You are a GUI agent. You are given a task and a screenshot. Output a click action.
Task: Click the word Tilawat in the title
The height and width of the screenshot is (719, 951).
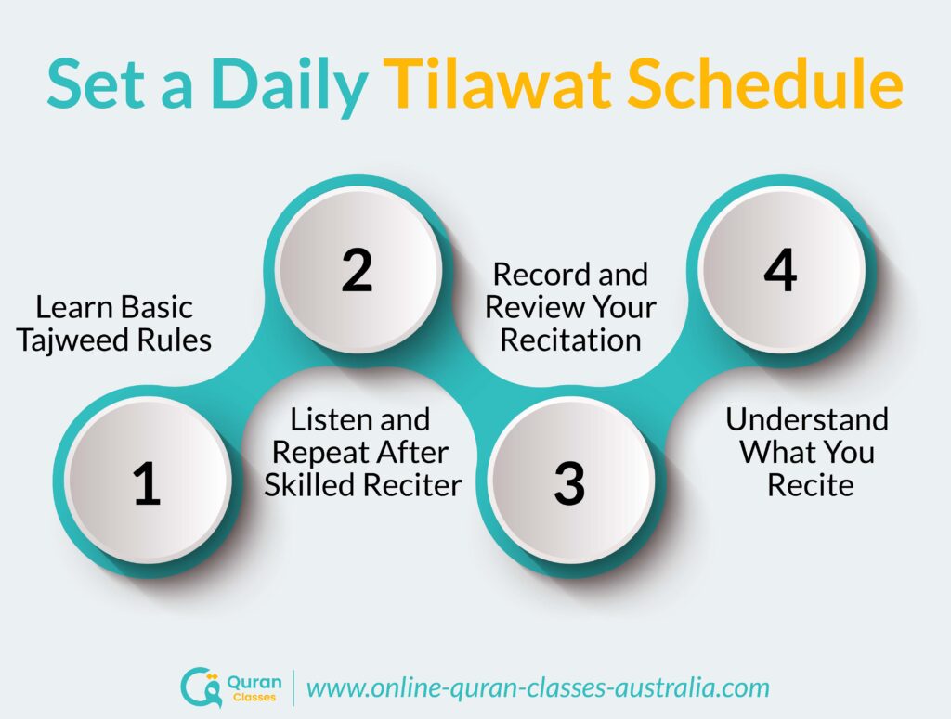click(497, 83)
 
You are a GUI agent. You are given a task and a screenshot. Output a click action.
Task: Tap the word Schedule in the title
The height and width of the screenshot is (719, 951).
click(765, 83)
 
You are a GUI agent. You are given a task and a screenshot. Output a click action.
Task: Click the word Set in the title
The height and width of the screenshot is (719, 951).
click(96, 83)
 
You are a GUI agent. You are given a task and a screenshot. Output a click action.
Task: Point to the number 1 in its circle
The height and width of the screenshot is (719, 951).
click(147, 483)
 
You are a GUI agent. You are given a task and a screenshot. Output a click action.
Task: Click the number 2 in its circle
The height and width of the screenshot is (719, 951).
click(357, 271)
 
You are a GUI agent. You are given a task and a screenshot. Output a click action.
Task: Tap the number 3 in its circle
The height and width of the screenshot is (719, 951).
click(569, 483)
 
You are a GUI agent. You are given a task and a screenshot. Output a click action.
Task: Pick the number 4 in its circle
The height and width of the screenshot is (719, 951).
click(780, 271)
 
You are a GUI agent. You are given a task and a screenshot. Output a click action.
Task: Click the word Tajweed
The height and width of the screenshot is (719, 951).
click(73, 341)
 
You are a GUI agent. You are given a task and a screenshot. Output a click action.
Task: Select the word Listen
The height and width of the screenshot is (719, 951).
click(328, 419)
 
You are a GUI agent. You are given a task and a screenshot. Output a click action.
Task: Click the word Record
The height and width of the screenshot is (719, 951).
click(541, 275)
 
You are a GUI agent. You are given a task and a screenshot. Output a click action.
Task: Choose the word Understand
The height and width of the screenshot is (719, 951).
click(807, 419)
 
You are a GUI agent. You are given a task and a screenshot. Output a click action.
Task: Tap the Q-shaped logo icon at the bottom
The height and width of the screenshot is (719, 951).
click(201, 687)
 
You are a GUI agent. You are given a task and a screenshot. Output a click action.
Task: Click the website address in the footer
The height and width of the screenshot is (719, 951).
click(538, 688)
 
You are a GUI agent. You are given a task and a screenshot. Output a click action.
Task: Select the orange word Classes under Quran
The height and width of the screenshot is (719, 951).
click(254, 697)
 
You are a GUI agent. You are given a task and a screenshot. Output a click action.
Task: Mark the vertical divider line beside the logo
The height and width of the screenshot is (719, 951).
click(293, 688)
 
